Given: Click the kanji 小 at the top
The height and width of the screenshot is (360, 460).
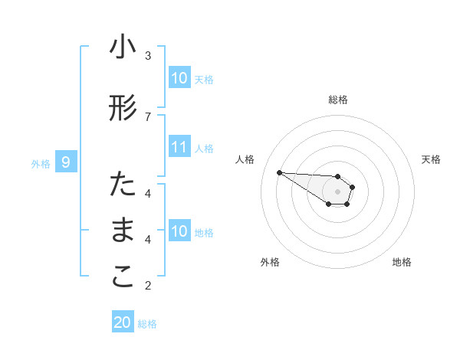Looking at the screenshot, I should (123, 48).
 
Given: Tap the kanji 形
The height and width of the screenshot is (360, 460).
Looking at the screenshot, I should (123, 109).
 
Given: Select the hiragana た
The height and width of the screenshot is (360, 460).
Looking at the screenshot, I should (123, 185).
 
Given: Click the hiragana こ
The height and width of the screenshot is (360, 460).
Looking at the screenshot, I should (123, 278).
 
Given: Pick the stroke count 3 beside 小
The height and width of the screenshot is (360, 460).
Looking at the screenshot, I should (148, 55).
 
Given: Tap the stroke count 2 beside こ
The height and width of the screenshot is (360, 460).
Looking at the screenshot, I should (148, 286).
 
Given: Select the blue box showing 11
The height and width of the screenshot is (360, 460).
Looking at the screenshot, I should (179, 147).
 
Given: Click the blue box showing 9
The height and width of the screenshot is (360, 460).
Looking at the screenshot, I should (66, 162).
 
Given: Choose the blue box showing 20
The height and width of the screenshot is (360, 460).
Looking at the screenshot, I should (123, 322).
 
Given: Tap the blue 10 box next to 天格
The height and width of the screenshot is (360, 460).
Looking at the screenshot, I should (179, 78).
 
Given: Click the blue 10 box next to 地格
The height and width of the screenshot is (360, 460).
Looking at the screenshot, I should (179, 231).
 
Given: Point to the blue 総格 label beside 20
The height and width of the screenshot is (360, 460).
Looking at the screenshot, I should (147, 324).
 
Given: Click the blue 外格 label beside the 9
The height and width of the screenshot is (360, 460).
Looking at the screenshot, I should (41, 163).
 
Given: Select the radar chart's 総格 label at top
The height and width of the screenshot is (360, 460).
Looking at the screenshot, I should (338, 100).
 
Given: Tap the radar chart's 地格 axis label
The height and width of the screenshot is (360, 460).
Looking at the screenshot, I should (402, 263).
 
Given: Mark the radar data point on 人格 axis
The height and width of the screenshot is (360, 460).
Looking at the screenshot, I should (279, 172).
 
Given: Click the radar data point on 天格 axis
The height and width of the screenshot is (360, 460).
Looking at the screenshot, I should (353, 187).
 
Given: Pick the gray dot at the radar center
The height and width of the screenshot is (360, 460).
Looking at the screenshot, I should (338, 191).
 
